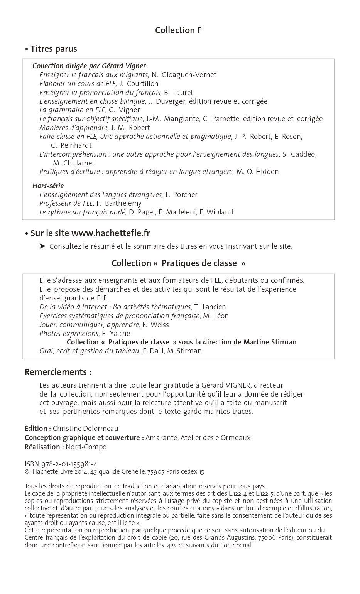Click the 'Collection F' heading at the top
pyautogui.click(x=178, y=30)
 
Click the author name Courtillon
pyautogui.click(x=143, y=84)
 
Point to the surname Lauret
pyautogui.click(x=183, y=93)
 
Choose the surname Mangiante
pyautogui.click(x=181, y=119)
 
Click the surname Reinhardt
pyautogui.click(x=76, y=145)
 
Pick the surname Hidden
pyautogui.click(x=267, y=172)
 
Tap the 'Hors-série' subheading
pyautogui.click(x=48, y=186)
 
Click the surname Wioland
pyautogui.click(x=220, y=212)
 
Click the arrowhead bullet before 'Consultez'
pyautogui.click(x=43, y=246)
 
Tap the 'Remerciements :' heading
pyautogui.click(x=58, y=372)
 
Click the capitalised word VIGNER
pyautogui.click(x=235, y=385)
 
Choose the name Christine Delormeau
pyautogui.click(x=86, y=429)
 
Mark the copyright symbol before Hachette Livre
pyautogui.click(x=27, y=472)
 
